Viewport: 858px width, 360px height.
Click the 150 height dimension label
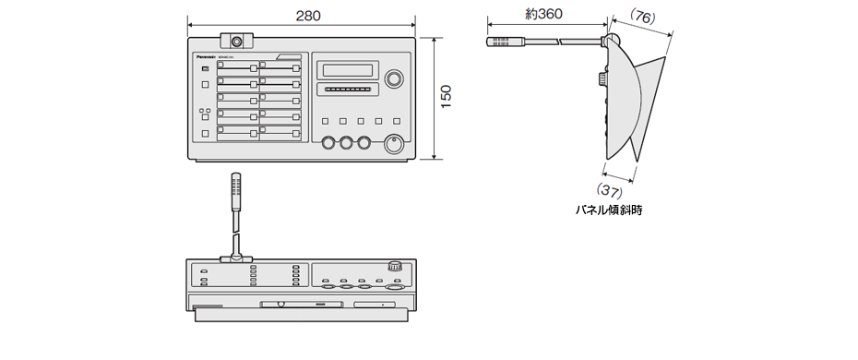pos(447,98)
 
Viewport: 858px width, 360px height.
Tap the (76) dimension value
pos(642,16)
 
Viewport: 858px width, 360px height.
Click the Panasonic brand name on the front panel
pos(204,57)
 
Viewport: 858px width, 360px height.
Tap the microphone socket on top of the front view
pos(237,42)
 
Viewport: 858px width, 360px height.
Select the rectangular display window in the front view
pos(346,70)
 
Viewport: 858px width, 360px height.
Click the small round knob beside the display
pos(394,78)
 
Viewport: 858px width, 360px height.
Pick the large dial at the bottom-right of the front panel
pos(394,145)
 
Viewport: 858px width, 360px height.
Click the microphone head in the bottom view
pos(235,188)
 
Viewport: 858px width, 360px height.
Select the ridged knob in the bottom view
pos(395,266)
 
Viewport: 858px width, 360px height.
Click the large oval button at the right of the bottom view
pos(395,287)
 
